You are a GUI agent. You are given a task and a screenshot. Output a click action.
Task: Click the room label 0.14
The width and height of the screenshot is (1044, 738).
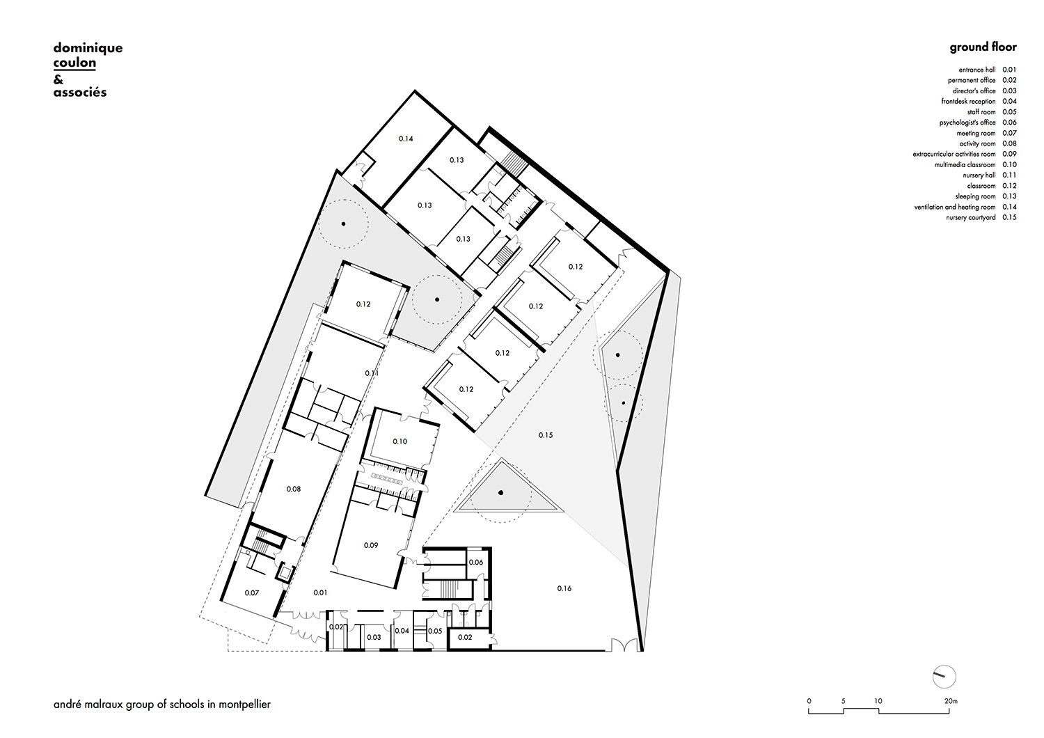(406, 139)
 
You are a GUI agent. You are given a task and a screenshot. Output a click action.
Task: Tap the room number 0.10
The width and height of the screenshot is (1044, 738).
(400, 441)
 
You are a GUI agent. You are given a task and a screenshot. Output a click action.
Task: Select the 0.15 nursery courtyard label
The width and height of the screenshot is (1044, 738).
(545, 435)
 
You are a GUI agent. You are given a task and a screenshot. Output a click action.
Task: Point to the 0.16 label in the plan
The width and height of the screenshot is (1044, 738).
(564, 588)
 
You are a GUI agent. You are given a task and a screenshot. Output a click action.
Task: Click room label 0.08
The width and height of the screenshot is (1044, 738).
(293, 489)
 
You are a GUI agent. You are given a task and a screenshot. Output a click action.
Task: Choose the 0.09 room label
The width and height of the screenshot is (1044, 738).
(370, 545)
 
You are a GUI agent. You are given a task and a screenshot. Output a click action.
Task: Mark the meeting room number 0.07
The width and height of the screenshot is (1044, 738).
(252, 593)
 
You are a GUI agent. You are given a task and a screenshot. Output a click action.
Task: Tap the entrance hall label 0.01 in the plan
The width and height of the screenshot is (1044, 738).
(319, 592)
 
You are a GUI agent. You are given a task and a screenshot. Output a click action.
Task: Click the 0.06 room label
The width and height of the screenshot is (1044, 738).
(475, 563)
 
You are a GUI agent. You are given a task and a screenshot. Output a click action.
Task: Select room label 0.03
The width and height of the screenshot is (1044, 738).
(374, 637)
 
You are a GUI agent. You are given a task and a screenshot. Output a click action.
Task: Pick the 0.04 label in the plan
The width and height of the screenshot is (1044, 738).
(402, 631)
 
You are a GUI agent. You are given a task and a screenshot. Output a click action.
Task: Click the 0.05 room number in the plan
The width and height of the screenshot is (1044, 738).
(435, 631)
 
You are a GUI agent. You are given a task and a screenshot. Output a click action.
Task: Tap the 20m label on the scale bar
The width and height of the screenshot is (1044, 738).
(951, 701)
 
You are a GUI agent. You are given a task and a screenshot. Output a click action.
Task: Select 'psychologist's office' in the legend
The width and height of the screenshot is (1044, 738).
(967, 123)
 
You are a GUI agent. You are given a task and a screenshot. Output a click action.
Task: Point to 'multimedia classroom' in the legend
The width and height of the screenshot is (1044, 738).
(965, 165)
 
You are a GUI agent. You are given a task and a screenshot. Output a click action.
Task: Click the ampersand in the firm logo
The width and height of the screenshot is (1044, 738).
(58, 80)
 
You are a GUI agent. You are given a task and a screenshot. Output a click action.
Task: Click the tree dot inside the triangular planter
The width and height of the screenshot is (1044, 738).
(500, 492)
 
